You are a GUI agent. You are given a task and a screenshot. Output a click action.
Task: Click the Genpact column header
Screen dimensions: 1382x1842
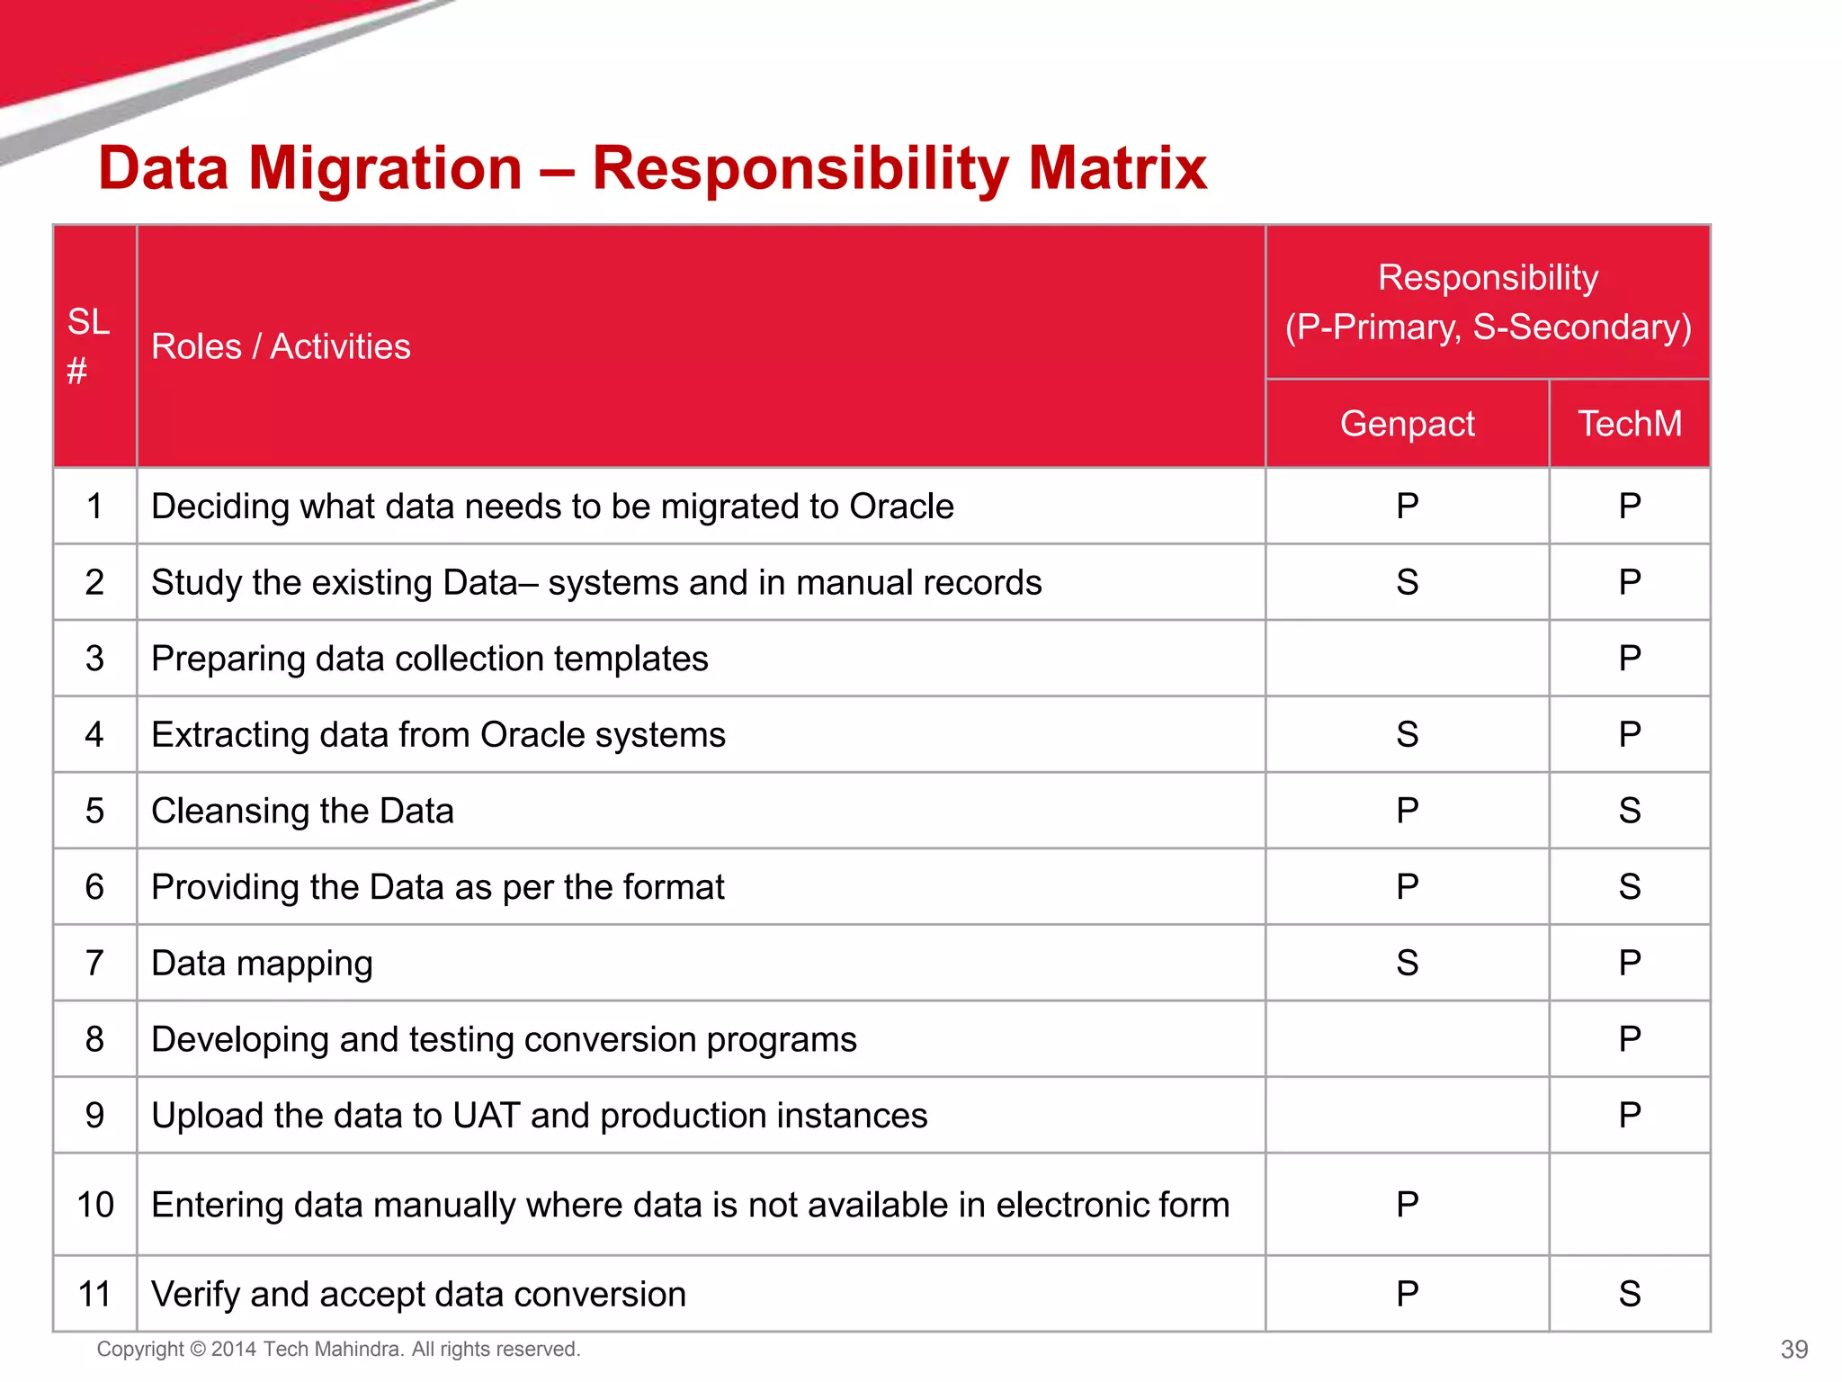(x=1407, y=424)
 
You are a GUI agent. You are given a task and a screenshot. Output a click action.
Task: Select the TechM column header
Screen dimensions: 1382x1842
(x=1630, y=424)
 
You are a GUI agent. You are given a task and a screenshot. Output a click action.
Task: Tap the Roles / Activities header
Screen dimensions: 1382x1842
(x=281, y=346)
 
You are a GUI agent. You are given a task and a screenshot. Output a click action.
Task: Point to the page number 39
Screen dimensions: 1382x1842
(x=1793, y=1350)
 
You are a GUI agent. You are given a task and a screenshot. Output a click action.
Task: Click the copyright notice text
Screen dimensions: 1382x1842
(x=338, y=1350)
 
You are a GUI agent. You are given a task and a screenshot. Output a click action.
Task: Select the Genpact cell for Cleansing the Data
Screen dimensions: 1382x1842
(x=1407, y=811)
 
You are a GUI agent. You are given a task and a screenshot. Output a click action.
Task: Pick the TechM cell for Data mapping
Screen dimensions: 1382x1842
(x=1630, y=963)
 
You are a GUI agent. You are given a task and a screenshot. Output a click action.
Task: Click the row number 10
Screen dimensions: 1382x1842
(x=95, y=1205)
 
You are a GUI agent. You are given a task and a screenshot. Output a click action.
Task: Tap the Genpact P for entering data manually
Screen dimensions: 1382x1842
(x=1407, y=1204)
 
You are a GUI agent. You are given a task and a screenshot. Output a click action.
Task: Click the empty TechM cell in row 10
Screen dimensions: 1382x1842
(x=1630, y=1204)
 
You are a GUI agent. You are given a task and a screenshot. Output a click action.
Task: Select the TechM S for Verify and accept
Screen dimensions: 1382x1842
(x=1630, y=1294)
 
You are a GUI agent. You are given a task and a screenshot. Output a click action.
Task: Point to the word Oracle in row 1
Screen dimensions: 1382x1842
(x=901, y=507)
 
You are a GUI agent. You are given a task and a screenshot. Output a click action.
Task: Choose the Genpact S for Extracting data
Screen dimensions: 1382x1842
(x=1407, y=735)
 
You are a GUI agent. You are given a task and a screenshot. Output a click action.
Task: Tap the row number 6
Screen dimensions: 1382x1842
(x=95, y=887)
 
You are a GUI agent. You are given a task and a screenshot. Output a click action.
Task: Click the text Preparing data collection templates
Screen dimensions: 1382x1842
(x=429, y=659)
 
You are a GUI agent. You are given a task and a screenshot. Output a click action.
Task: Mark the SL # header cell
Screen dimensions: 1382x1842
(x=89, y=346)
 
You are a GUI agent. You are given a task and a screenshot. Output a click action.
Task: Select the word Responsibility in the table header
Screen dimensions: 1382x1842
(x=1488, y=278)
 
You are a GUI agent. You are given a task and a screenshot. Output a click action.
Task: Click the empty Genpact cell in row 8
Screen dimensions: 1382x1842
(x=1407, y=1039)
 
